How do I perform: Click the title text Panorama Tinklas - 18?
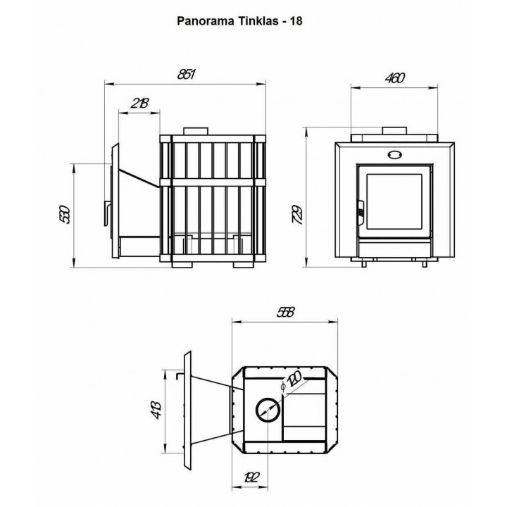point(239,21)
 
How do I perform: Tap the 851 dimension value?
point(187,75)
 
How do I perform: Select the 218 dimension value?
point(140,103)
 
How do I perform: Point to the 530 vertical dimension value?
point(65,214)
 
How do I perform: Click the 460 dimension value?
point(395,78)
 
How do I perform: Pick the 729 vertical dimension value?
point(297,214)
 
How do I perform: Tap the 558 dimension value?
point(286,313)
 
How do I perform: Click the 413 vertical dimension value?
point(156,410)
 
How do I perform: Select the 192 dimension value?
point(251,477)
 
